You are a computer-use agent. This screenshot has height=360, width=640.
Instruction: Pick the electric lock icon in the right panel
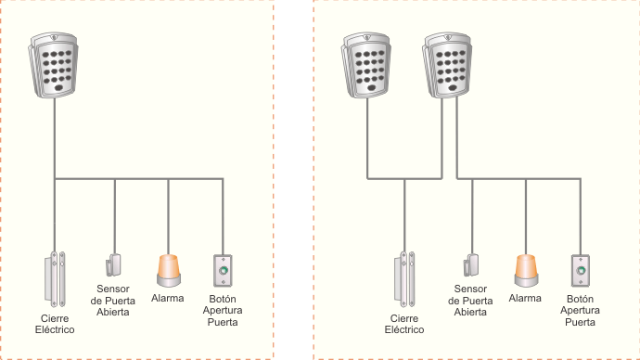(x=405, y=278)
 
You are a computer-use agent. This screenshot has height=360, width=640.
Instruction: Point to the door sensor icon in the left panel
(x=114, y=265)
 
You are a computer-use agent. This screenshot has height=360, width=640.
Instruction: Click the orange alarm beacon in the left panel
(x=168, y=270)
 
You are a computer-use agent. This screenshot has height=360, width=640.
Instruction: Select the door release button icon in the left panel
(x=223, y=271)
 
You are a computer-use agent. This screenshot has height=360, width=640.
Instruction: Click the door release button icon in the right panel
(x=580, y=271)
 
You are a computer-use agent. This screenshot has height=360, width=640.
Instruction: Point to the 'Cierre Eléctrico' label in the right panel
(x=403, y=324)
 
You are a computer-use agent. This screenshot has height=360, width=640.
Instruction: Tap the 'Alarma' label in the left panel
(x=168, y=298)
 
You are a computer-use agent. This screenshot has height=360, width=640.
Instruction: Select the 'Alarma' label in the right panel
(x=525, y=298)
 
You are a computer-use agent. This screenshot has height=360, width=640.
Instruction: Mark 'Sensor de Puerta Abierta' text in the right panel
(x=471, y=302)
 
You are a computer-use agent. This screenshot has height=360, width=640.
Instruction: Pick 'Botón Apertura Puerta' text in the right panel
(x=580, y=311)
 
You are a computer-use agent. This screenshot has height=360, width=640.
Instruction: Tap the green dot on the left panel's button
(x=223, y=272)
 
